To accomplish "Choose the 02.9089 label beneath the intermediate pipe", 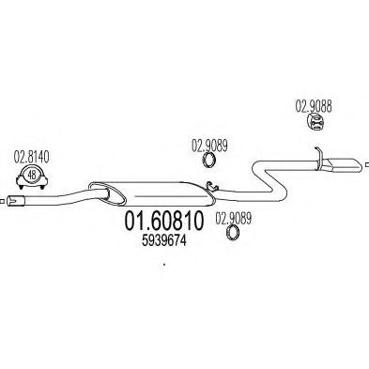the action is point(234,218).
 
